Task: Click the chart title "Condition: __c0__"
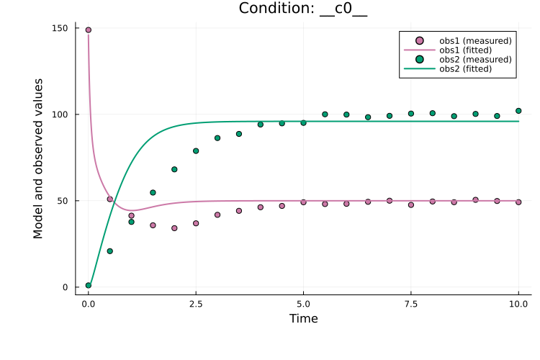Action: click(304, 9)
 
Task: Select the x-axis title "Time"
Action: click(303, 318)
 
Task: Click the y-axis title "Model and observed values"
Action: click(38, 158)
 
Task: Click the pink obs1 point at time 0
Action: click(89, 30)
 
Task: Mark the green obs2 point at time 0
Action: click(89, 285)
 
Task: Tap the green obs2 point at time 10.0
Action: click(518, 111)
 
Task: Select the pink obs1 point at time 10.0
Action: click(518, 202)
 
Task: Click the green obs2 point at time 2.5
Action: click(196, 151)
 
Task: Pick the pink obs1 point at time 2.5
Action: click(196, 223)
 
